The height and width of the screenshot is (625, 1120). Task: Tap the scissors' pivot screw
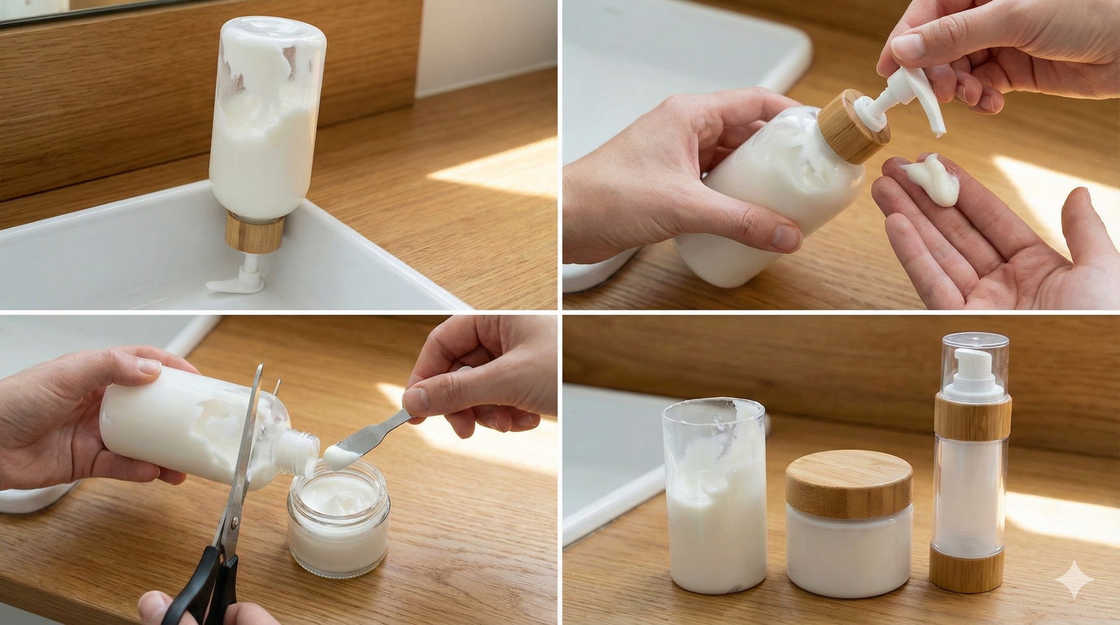235,520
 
